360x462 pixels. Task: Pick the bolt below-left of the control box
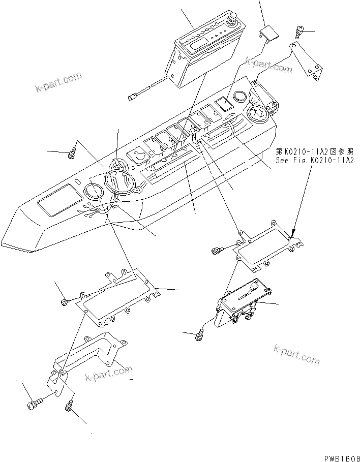click(200, 333)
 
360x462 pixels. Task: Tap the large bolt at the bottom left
click(33, 405)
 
